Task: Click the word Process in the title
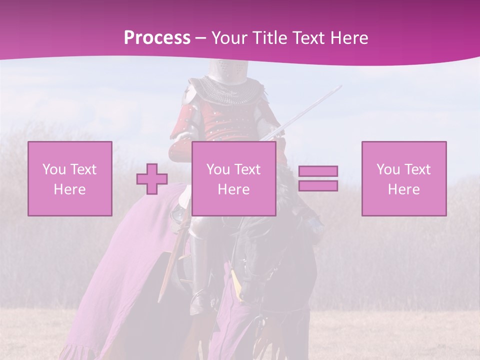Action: (157, 38)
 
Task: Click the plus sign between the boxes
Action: (152, 179)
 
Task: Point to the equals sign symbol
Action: (318, 178)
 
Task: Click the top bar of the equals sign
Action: (318, 171)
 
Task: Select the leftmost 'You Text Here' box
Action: (70, 178)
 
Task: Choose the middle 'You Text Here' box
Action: (233, 178)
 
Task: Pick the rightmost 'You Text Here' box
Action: (404, 178)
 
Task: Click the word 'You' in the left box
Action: (53, 169)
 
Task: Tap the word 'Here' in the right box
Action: (404, 189)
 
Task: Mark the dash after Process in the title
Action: (200, 38)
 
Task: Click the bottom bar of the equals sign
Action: (318, 185)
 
